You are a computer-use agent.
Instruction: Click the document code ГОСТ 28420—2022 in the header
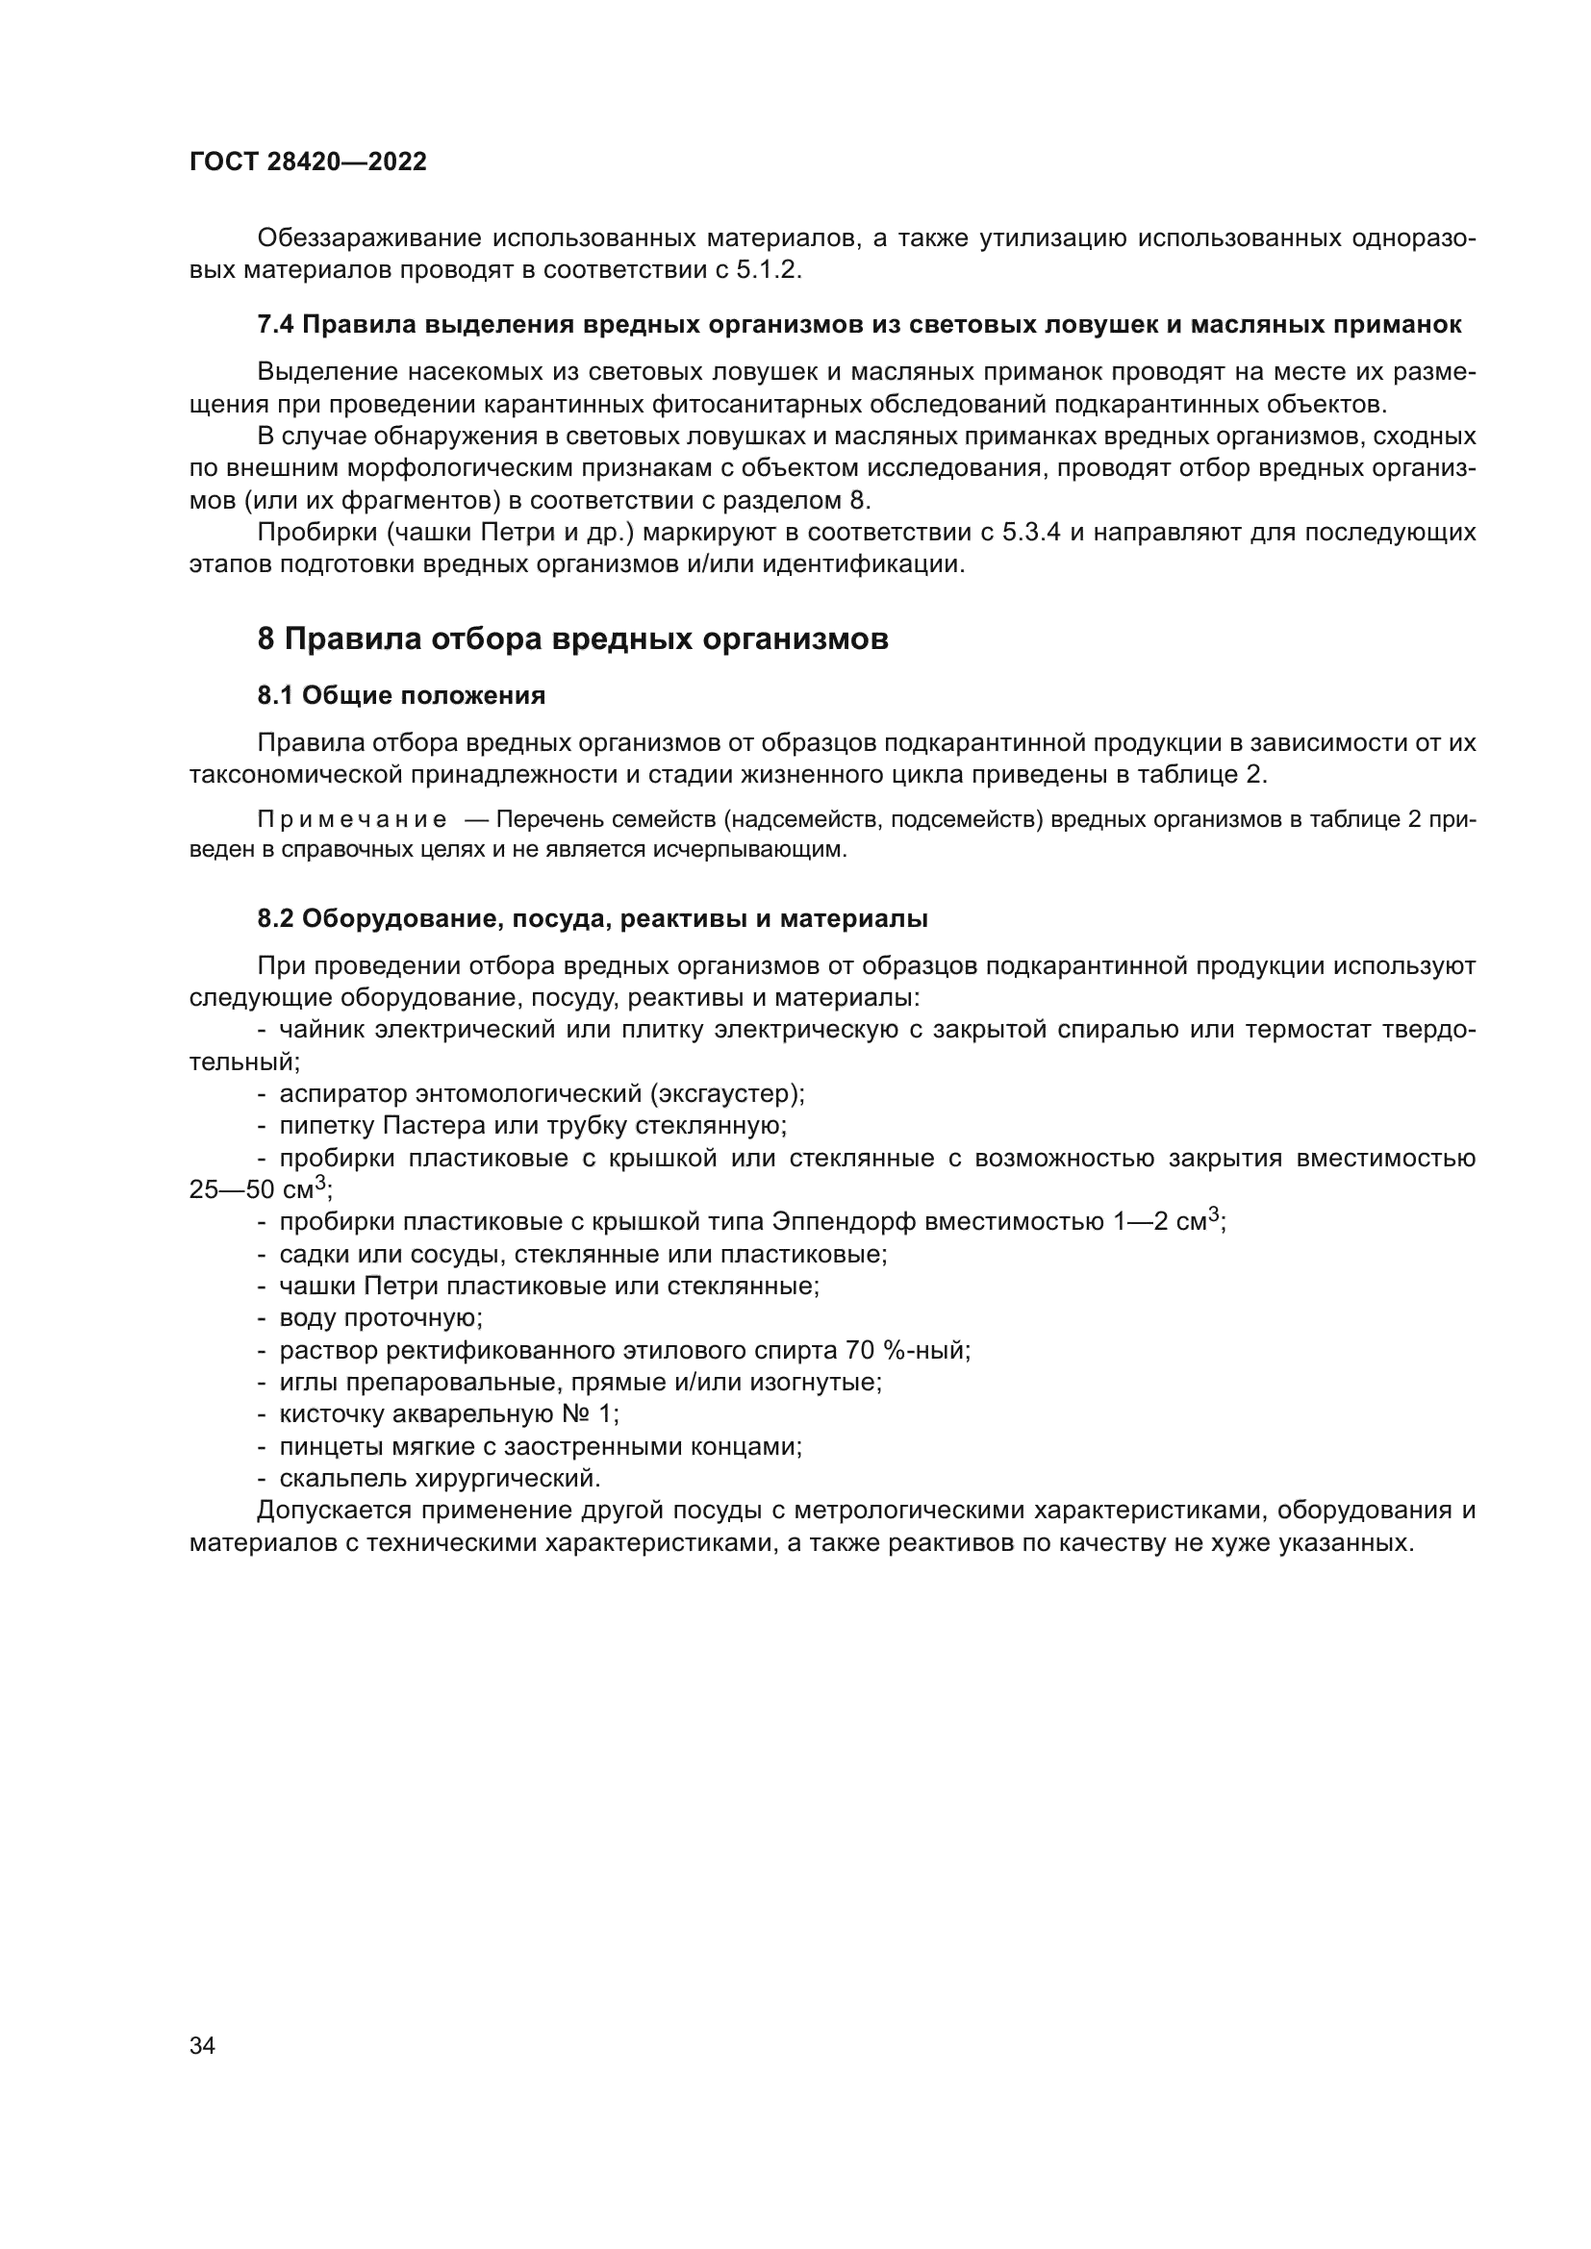pos(308,162)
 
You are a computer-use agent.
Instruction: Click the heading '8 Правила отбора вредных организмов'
pos(572,638)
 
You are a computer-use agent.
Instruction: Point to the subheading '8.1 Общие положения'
pos(401,695)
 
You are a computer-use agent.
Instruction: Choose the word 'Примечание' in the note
pos(352,819)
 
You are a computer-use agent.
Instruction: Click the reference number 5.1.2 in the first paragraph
pos(768,270)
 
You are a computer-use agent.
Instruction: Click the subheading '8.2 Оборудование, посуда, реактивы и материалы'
pos(593,919)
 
